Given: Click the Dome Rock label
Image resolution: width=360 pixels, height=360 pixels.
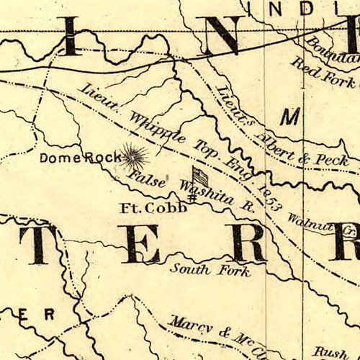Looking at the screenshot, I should click(x=80, y=158).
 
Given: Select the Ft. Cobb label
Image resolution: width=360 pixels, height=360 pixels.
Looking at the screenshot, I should click(x=153, y=207).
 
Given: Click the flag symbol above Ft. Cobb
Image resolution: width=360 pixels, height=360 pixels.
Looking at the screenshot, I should click(x=199, y=175).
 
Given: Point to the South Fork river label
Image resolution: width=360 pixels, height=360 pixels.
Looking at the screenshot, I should click(x=210, y=271).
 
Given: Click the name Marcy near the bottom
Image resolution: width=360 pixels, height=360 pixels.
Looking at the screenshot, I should click(x=190, y=325).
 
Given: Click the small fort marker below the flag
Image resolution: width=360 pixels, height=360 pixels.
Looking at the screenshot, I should click(x=192, y=196).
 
